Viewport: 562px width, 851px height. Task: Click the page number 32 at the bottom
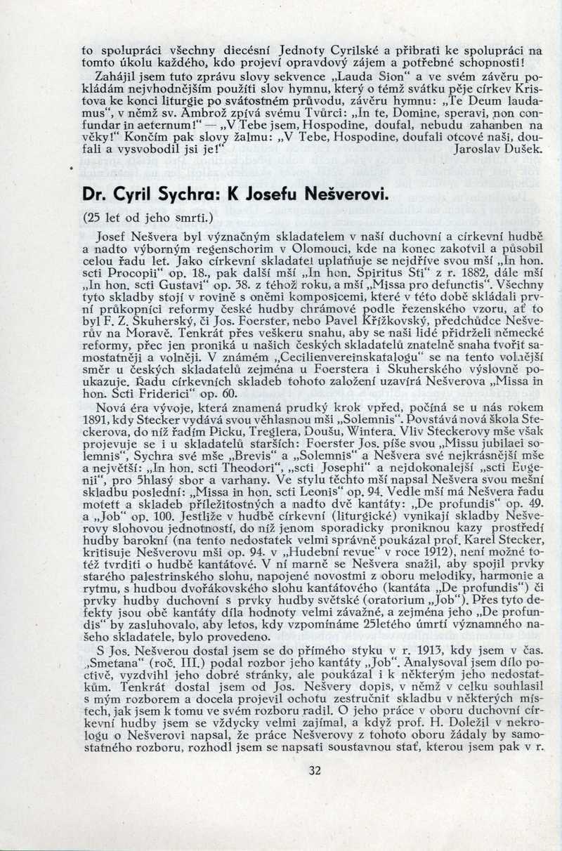314,770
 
